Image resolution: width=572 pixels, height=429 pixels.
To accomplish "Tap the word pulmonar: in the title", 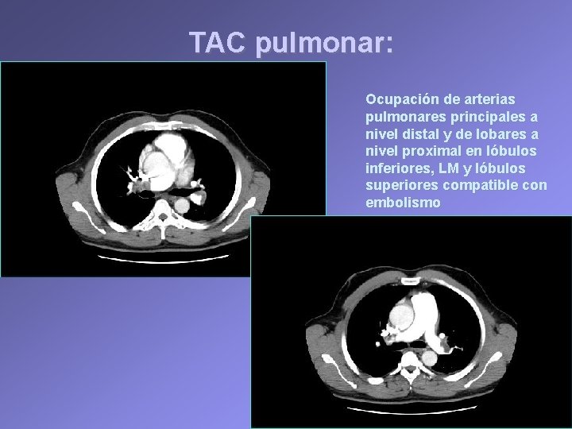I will [324, 44].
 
